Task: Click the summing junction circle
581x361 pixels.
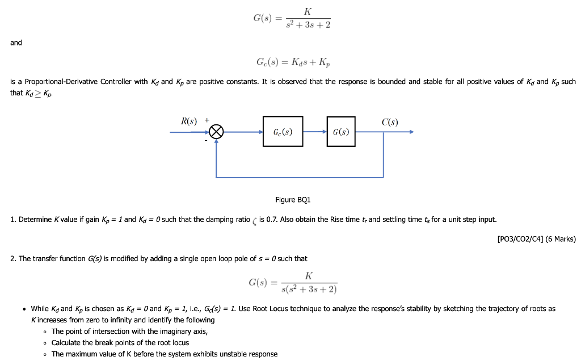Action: pos(216,132)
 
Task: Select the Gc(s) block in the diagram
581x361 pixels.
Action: pos(283,132)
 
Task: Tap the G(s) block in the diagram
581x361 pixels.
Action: pos(341,132)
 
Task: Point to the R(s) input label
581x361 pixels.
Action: pos(189,121)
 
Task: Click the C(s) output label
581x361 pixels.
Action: pos(390,121)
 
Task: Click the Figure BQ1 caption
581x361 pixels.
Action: pos(293,200)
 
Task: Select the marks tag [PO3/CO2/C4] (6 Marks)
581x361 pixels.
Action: pos(536,239)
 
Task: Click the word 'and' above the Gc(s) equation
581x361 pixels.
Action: pos(16,43)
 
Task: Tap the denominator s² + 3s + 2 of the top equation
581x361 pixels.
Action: pos(309,24)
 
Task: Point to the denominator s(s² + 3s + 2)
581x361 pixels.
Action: pos(309,289)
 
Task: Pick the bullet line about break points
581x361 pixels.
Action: pos(120,343)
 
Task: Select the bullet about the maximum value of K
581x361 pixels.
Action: pos(165,354)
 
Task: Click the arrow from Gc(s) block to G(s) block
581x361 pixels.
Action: pos(315,132)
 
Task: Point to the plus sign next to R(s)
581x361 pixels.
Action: pos(207,120)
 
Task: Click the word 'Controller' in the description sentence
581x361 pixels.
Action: pos(115,82)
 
